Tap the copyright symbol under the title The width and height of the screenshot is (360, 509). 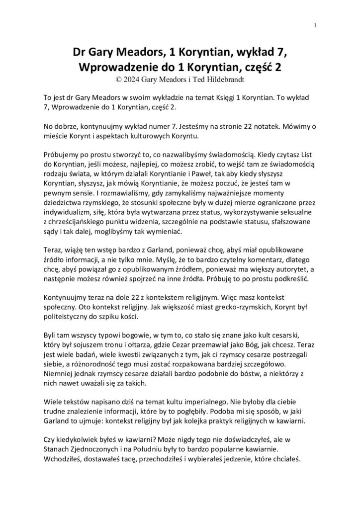point(118,78)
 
